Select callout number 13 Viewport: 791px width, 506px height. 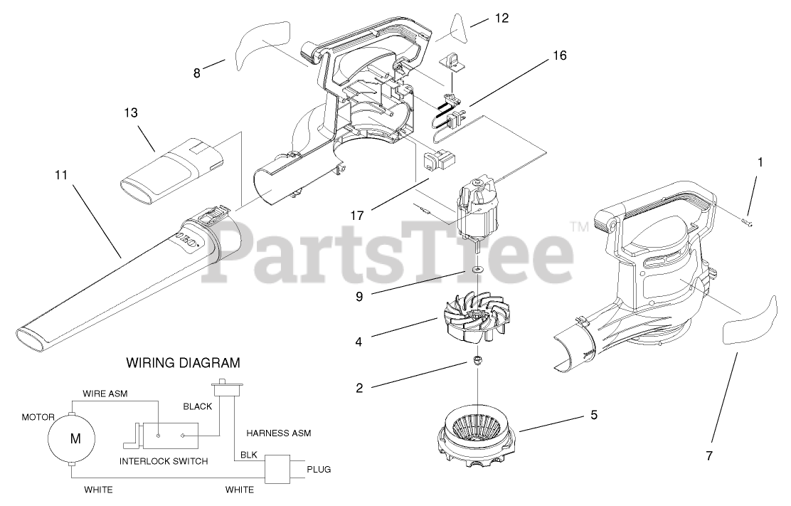click(x=130, y=112)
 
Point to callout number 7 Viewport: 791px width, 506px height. click(x=709, y=453)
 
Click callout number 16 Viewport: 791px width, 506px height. click(x=559, y=56)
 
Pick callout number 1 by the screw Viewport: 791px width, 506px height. click(x=760, y=162)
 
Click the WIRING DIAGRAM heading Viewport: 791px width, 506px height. click(x=183, y=363)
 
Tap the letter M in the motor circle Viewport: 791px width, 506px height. click(x=75, y=438)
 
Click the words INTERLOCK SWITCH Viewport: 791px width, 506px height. click(x=164, y=461)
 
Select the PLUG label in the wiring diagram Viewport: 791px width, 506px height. click(x=319, y=470)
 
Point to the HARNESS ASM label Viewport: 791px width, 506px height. click(x=278, y=432)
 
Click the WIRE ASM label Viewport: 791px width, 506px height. click(x=105, y=393)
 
